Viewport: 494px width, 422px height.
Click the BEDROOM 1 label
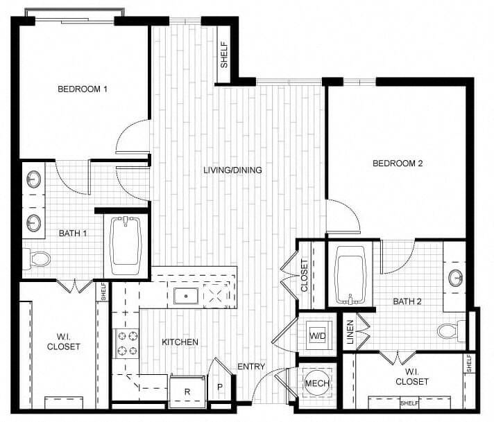tap(83, 89)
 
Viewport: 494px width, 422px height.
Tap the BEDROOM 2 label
tap(398, 164)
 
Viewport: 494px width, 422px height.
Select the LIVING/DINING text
tap(232, 170)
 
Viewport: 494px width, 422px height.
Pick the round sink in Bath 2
tap(456, 278)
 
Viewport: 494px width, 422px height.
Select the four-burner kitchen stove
tap(126, 342)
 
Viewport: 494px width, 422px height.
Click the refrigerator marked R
tap(187, 391)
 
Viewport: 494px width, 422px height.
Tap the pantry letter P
tap(220, 387)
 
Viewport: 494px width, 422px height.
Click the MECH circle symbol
tap(317, 383)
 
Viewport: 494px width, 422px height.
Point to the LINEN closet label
tap(350, 331)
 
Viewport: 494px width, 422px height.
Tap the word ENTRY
tap(250, 367)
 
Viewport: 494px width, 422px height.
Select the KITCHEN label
tap(180, 342)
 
